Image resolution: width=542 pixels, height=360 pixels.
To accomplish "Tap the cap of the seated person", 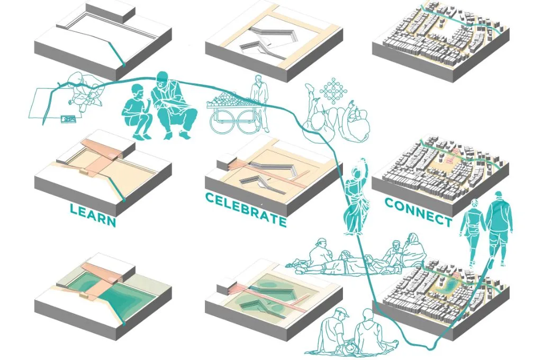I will point(342,312).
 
